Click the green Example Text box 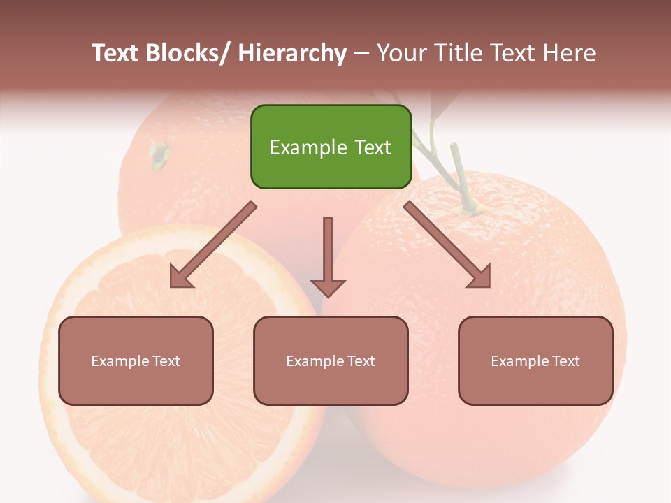click(331, 147)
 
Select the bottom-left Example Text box click(136, 360)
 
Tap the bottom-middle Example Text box click(331, 360)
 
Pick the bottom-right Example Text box click(535, 360)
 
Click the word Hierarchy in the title click(291, 53)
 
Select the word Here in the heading click(570, 53)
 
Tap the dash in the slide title click(361, 54)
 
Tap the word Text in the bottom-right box click(565, 360)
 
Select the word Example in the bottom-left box click(120, 360)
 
